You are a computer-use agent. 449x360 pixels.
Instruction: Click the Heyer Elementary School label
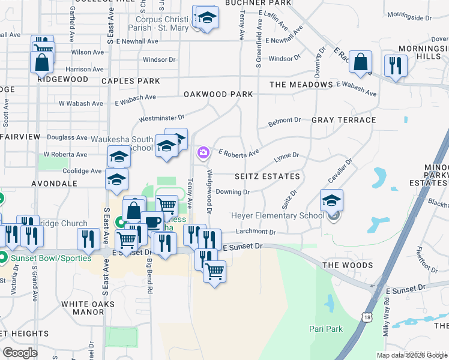click(x=277, y=216)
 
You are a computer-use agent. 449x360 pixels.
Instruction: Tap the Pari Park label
click(x=326, y=329)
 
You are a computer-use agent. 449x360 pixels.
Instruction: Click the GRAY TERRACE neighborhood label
click(x=343, y=120)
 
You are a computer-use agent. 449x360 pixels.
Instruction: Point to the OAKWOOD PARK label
click(x=218, y=94)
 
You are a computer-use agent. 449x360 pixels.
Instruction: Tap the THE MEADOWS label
click(x=301, y=85)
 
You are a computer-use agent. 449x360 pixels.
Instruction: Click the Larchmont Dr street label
click(x=256, y=232)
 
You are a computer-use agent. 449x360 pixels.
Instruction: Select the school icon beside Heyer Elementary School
click(x=331, y=200)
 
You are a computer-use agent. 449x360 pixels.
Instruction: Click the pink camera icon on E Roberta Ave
click(x=203, y=154)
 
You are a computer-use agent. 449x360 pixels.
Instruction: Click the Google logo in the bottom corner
click(x=20, y=353)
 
